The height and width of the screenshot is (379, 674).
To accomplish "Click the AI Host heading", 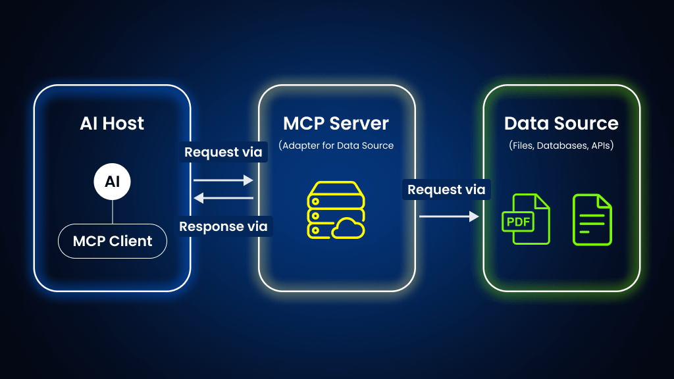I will point(112,123).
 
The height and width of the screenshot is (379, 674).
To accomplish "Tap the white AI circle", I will point(112,181).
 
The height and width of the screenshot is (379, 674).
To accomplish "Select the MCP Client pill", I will point(112,241).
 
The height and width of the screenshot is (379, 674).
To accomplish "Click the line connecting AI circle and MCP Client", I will point(112,212).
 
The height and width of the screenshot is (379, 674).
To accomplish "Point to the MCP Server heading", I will point(336,123).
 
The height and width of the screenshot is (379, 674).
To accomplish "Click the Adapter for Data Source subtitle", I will point(336,145).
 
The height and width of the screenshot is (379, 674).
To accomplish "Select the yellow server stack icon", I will point(327,209).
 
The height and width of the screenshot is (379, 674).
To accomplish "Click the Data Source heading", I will point(561,123).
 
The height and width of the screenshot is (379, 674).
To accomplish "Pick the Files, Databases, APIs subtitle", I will point(561,145).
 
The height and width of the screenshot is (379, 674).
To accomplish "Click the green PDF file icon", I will point(527,218).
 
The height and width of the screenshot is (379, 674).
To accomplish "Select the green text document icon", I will point(592,219).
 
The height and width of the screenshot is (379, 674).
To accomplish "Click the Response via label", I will point(224,226).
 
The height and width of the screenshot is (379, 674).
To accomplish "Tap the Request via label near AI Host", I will point(223,152).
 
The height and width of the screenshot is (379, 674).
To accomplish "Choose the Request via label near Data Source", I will point(446,189).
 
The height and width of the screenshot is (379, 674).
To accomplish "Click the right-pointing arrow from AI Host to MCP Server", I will point(223,180).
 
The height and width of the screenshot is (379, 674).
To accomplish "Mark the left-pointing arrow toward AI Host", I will point(223,197).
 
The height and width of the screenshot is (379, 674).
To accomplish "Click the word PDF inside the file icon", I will point(518,222).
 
